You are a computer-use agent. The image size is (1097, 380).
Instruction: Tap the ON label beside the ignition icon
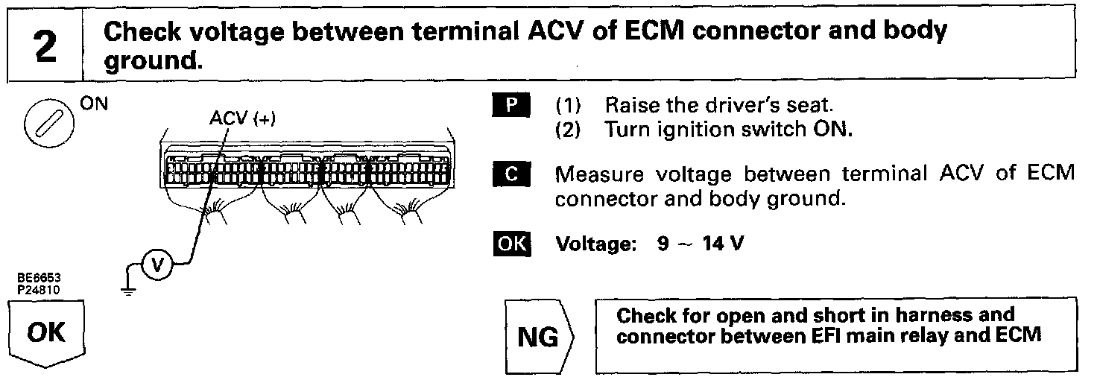tap(94, 104)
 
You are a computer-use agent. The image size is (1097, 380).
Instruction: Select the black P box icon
tap(510, 105)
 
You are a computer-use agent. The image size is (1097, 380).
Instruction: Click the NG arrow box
tap(539, 337)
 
